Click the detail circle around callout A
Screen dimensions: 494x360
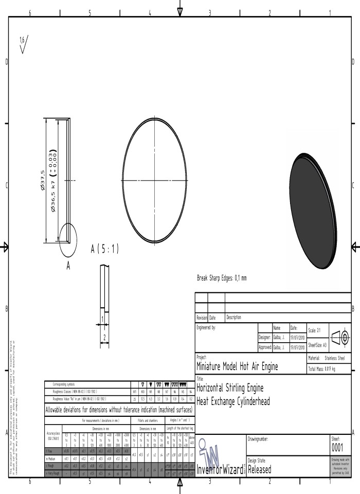click(x=68, y=240)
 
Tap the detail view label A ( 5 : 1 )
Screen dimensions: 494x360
click(x=104, y=249)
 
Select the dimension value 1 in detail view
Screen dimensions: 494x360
click(x=102, y=319)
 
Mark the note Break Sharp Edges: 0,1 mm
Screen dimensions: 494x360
click(x=222, y=278)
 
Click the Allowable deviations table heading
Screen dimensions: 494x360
click(x=119, y=410)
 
